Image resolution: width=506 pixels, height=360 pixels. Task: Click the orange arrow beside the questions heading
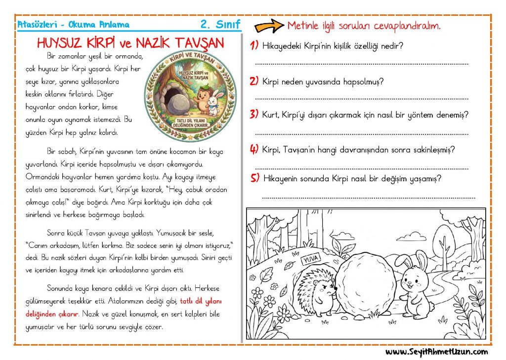click(269, 26)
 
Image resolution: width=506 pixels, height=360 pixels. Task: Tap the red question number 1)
click(254, 45)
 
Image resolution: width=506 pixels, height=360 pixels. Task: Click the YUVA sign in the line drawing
click(310, 258)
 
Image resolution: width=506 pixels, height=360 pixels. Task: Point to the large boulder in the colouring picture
click(365, 284)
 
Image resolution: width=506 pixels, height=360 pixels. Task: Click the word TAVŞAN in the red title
click(200, 43)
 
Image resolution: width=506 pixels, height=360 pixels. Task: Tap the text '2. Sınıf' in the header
click(220, 24)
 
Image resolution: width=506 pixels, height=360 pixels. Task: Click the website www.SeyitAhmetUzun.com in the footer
click(436, 352)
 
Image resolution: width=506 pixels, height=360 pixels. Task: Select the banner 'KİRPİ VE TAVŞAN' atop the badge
click(192, 58)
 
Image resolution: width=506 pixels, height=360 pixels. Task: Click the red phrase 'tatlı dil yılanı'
click(201, 301)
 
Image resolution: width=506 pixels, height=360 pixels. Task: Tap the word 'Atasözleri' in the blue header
click(37, 25)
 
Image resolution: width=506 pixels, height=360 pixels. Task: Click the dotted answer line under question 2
click(362, 99)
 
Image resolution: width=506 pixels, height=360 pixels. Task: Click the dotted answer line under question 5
click(369, 198)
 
